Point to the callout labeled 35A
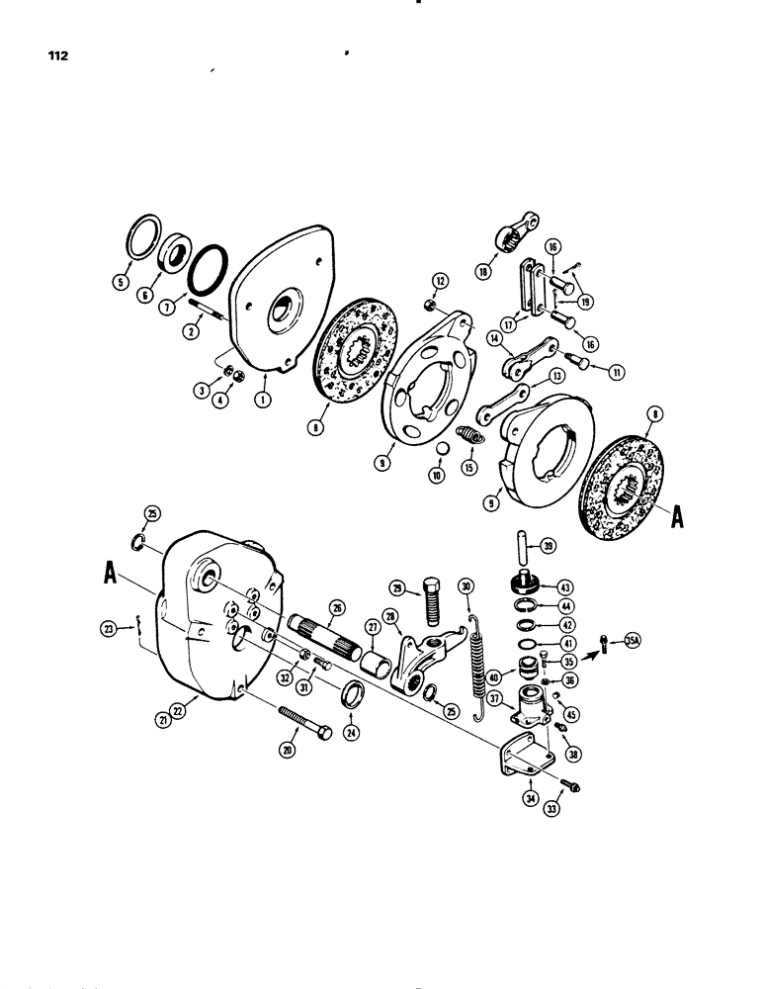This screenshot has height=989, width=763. (632, 641)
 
